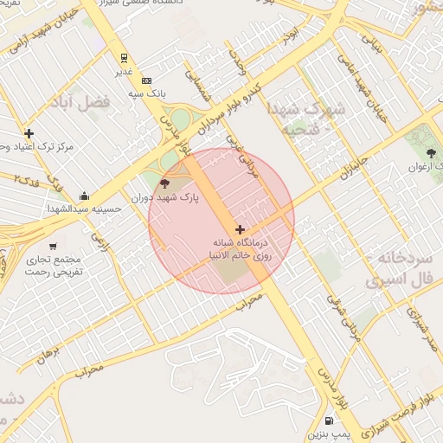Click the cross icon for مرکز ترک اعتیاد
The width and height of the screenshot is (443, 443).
click(x=29, y=133)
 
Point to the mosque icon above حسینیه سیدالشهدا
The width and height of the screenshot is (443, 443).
click(x=83, y=196)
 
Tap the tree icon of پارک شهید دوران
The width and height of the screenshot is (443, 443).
click(x=164, y=183)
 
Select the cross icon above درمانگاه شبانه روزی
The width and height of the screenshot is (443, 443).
click(x=240, y=229)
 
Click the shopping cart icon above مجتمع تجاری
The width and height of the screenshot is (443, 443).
click(x=54, y=246)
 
